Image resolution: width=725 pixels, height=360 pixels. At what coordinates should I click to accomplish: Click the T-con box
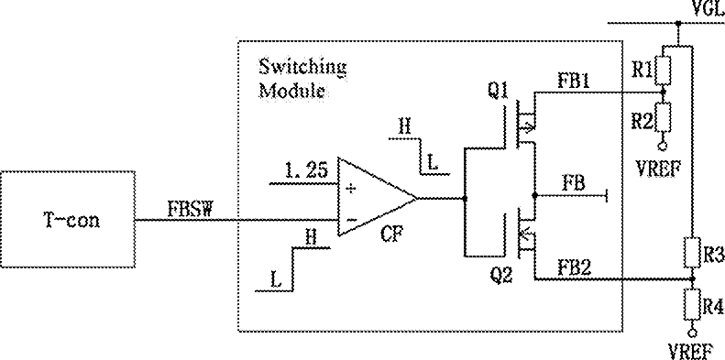68,219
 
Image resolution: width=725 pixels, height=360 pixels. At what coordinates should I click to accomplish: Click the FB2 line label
575,268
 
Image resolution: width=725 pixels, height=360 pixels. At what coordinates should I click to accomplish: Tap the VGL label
708,8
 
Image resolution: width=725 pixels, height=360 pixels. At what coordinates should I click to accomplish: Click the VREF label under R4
690,353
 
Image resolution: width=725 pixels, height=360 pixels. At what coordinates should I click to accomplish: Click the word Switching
302,69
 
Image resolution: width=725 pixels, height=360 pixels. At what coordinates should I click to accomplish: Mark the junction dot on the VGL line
678,23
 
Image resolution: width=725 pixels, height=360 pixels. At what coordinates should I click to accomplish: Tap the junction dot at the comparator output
464,198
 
